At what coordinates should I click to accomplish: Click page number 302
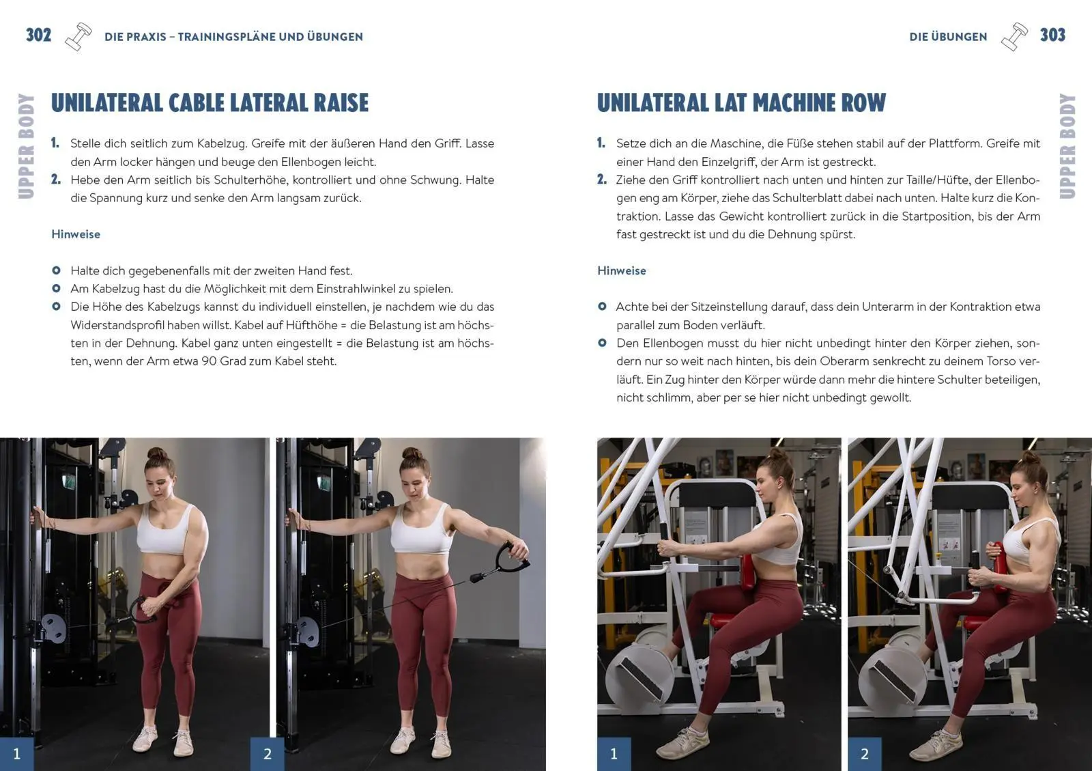38,35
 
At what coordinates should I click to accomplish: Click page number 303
1052,35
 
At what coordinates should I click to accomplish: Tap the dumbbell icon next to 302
78,37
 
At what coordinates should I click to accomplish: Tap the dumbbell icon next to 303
1014,37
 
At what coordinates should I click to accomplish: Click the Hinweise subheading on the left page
76,234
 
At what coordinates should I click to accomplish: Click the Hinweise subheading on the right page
621,270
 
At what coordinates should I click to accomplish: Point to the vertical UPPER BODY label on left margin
26,146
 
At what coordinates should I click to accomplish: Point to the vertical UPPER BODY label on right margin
1067,146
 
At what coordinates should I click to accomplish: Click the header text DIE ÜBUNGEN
948,37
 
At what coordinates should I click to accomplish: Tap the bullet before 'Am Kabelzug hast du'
56,288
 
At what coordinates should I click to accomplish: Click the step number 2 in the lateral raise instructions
56,180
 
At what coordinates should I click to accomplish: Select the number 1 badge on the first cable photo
16,754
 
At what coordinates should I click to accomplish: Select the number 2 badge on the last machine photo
864,754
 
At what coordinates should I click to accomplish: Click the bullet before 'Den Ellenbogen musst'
602,343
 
